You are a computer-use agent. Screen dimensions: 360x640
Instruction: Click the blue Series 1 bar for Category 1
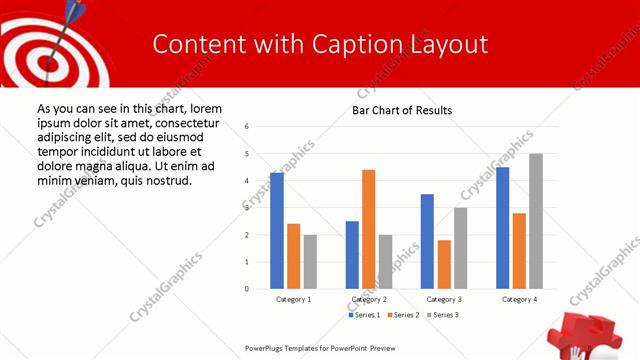[x=277, y=231]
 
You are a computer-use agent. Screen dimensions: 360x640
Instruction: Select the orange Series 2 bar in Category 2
[x=369, y=229]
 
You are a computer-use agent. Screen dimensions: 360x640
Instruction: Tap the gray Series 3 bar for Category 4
[x=536, y=221]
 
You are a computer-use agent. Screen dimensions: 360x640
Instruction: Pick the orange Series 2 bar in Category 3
[x=444, y=264]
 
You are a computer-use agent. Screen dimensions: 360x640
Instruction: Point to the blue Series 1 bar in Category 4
[x=502, y=228]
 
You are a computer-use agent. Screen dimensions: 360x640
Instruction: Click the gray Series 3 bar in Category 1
[x=310, y=262]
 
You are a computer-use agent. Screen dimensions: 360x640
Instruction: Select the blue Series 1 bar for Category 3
[x=427, y=241]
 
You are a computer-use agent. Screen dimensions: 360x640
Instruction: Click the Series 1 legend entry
[x=365, y=315]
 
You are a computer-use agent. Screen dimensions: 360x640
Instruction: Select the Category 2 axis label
[x=369, y=299]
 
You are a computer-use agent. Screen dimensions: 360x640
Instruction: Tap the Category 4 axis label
[x=519, y=299]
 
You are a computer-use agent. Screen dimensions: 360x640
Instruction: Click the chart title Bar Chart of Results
[x=402, y=110]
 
